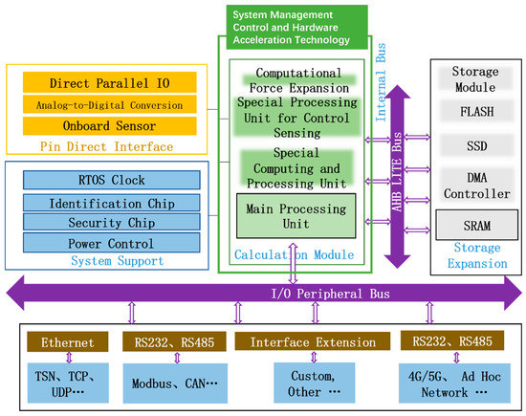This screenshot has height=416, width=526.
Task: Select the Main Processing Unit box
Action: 296,214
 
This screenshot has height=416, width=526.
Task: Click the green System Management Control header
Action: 291,27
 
